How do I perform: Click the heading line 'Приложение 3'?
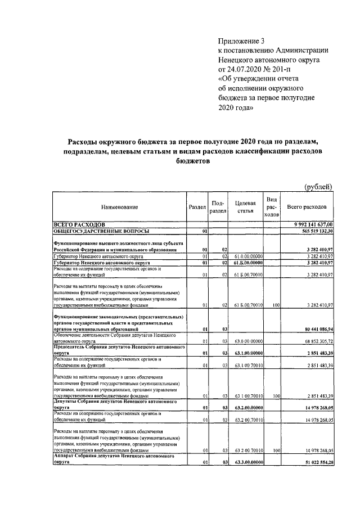(241, 40)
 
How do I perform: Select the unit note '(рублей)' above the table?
(318, 187)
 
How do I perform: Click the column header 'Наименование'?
(119, 208)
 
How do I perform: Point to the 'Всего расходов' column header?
(307, 208)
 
